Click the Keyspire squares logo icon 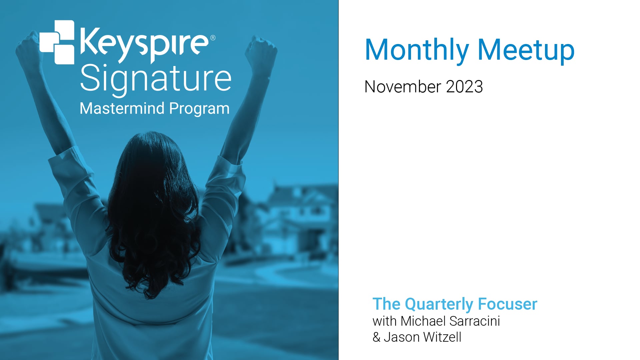click(x=57, y=42)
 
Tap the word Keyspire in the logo click(x=144, y=45)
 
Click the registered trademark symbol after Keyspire click(x=213, y=38)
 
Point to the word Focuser click(x=507, y=304)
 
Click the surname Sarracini click(x=475, y=321)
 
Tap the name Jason click(x=401, y=337)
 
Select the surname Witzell click(x=442, y=337)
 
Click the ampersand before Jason click(x=376, y=337)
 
